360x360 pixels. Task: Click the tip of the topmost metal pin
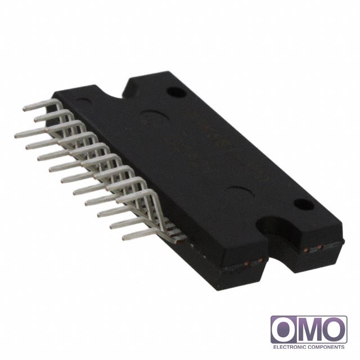click(25, 109)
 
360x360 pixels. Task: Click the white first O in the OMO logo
click(285, 329)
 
